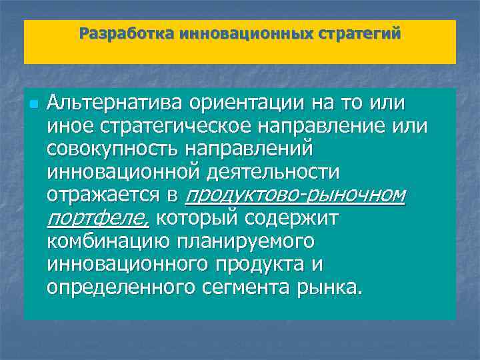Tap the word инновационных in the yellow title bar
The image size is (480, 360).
tap(243, 33)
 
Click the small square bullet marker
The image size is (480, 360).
tap(33, 105)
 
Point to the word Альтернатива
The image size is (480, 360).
tap(116, 104)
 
